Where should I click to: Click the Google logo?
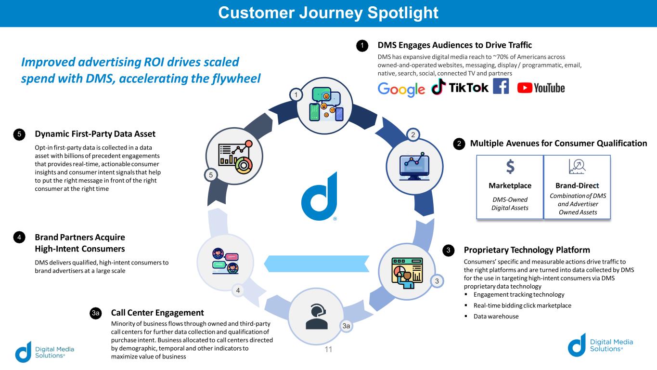click(401, 89)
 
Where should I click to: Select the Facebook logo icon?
click(501, 86)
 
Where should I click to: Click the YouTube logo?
click(541, 88)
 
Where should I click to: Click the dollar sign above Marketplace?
click(510, 167)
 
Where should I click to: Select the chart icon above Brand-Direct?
click(577, 166)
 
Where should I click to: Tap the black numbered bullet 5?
click(19, 134)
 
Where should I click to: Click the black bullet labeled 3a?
click(96, 314)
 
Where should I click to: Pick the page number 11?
click(328, 349)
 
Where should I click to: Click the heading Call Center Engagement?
click(157, 313)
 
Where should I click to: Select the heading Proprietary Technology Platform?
click(527, 250)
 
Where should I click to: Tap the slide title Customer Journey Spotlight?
click(328, 13)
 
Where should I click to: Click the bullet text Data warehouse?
click(496, 317)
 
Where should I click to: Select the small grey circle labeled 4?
click(238, 290)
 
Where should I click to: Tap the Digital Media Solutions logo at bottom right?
click(600, 345)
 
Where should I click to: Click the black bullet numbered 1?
click(362, 46)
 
